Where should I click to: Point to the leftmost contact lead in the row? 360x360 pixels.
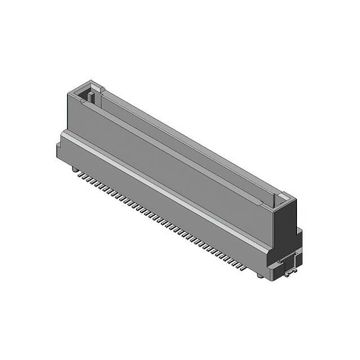(80, 175)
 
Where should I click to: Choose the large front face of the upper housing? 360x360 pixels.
(169, 163)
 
